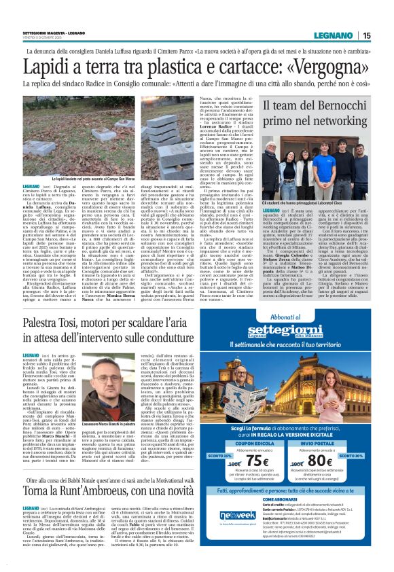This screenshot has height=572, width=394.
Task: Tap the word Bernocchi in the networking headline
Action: [339, 107]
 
